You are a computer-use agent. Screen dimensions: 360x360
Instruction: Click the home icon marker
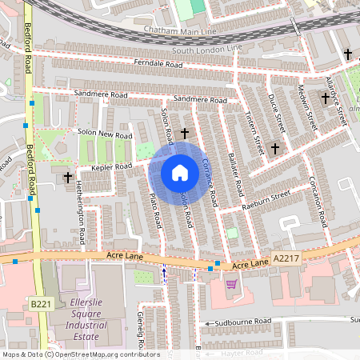click(x=180, y=173)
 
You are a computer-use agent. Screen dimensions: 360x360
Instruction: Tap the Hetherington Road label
click(x=82, y=224)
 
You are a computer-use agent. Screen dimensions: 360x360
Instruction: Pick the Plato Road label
click(x=157, y=208)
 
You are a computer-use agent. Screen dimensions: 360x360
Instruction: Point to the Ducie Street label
click(x=278, y=112)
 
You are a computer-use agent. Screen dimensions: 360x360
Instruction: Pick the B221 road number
click(x=41, y=305)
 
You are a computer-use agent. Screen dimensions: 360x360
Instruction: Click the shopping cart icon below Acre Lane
click(x=231, y=284)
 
